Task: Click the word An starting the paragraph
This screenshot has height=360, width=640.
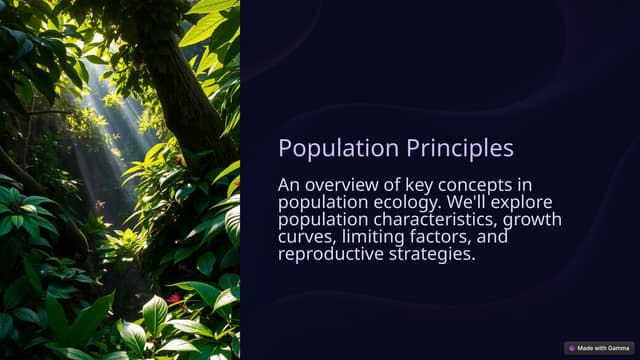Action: (x=290, y=185)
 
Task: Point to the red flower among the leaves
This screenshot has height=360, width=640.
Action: (x=175, y=298)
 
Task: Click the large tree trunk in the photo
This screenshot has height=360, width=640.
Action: (x=190, y=90)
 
